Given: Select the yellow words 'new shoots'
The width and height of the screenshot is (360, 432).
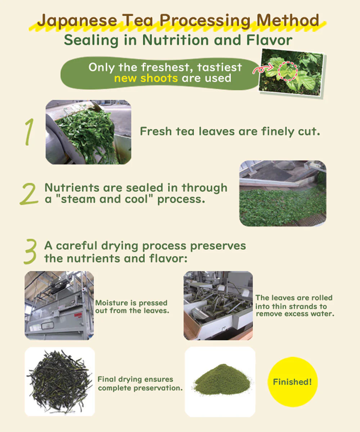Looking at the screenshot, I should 146,78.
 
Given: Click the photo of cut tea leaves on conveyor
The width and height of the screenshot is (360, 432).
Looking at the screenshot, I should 88,132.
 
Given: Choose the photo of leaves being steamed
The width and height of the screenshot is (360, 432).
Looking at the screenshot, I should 283,194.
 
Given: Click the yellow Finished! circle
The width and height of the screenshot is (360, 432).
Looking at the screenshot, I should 292,382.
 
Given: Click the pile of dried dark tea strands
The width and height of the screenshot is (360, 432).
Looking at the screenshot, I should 59,381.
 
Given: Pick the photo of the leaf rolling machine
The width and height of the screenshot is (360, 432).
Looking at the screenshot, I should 218,305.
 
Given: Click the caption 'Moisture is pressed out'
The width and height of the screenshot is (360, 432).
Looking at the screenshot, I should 131,306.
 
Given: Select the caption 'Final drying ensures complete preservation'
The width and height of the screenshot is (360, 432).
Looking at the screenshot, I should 140,384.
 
